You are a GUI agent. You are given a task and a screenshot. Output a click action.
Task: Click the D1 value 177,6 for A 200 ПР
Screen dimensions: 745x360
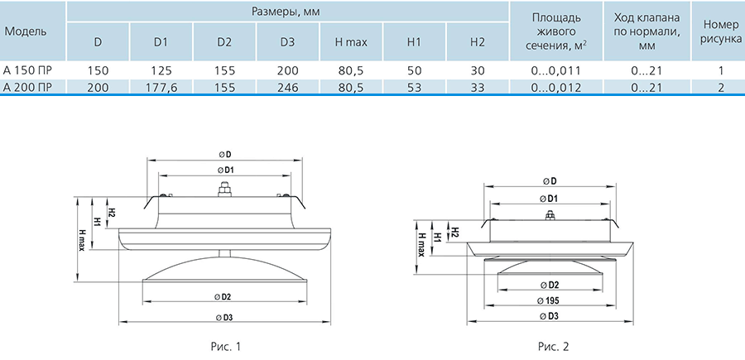(161, 87)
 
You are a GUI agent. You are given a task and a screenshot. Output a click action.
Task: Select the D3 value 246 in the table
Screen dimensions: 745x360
(287, 87)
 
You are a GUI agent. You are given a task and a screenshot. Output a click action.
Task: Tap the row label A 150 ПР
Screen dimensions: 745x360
(26, 71)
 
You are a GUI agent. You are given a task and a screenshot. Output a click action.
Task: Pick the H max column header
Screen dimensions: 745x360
(351, 42)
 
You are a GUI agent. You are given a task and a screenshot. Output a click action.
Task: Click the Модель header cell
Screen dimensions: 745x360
(26, 31)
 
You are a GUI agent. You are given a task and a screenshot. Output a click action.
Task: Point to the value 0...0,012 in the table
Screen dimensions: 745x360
(556, 87)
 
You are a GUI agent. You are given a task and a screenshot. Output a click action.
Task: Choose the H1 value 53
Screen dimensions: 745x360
(415, 87)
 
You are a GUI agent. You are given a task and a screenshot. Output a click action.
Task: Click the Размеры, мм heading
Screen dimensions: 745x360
(286, 12)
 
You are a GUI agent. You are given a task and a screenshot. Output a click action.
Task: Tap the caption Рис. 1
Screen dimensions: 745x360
(226, 347)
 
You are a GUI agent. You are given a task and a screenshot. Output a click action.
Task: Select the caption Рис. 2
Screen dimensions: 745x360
(553, 347)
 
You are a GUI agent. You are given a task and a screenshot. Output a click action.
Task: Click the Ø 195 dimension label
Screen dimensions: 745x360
(547, 300)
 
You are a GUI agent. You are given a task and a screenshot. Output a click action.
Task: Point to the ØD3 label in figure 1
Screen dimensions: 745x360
(224, 318)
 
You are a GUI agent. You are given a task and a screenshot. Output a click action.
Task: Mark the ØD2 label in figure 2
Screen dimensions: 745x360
(550, 285)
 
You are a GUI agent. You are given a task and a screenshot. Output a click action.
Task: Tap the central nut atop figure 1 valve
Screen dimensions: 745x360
(224, 190)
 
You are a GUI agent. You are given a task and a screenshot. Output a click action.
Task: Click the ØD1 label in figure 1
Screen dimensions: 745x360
(225, 170)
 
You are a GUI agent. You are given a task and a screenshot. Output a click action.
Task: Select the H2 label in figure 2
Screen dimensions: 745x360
(454, 233)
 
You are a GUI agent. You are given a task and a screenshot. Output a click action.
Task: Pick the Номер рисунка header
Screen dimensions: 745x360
(721, 31)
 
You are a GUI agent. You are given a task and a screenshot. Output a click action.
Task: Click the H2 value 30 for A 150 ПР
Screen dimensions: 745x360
(478, 71)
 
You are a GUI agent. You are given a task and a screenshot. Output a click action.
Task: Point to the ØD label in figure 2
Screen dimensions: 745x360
(550, 181)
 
